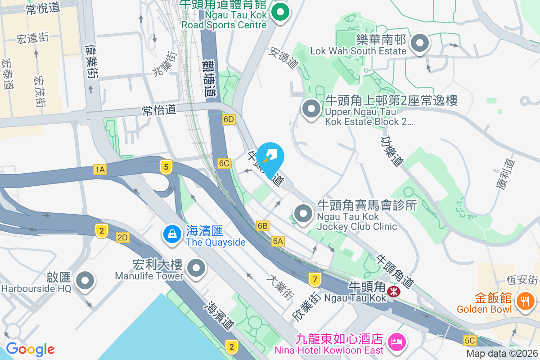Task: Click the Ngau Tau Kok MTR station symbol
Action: pyautogui.click(x=394, y=291)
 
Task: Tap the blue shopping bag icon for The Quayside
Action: pyautogui.click(x=171, y=234)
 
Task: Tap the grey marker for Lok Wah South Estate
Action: pyautogui.click(x=420, y=43)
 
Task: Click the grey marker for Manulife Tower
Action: pyautogui.click(x=196, y=269)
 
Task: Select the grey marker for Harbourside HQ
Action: pyautogui.click(x=84, y=281)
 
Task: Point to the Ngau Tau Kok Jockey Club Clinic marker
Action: pyautogui.click(x=303, y=214)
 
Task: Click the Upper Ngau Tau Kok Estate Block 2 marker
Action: pyautogui.click(x=311, y=108)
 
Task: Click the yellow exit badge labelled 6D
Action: pyautogui.click(x=229, y=119)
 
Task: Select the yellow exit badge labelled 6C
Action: pyautogui.click(x=224, y=163)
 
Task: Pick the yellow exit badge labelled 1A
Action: pyautogui.click(x=99, y=170)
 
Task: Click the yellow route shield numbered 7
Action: pyautogui.click(x=315, y=280)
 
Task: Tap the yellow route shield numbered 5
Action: pyautogui.click(x=166, y=167)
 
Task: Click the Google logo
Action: pyautogui.click(x=30, y=349)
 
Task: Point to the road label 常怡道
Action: pyautogui.click(x=158, y=109)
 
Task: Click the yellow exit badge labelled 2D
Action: pyautogui.click(x=122, y=238)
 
